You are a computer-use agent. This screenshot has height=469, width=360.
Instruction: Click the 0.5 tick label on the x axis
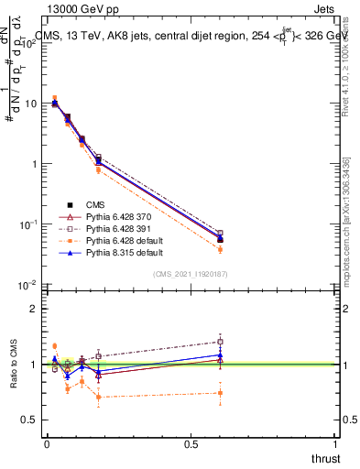tap(191, 444)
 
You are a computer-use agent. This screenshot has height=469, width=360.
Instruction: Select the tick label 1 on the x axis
tap(336, 444)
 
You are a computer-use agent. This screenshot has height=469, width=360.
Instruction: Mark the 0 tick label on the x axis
tap(47, 444)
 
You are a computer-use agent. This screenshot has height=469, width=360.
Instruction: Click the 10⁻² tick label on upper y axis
tap(29, 285)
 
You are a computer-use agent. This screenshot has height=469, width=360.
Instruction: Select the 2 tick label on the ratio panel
tap(35, 309)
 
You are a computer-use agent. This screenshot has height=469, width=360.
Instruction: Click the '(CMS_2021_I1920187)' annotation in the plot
tap(191, 273)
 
